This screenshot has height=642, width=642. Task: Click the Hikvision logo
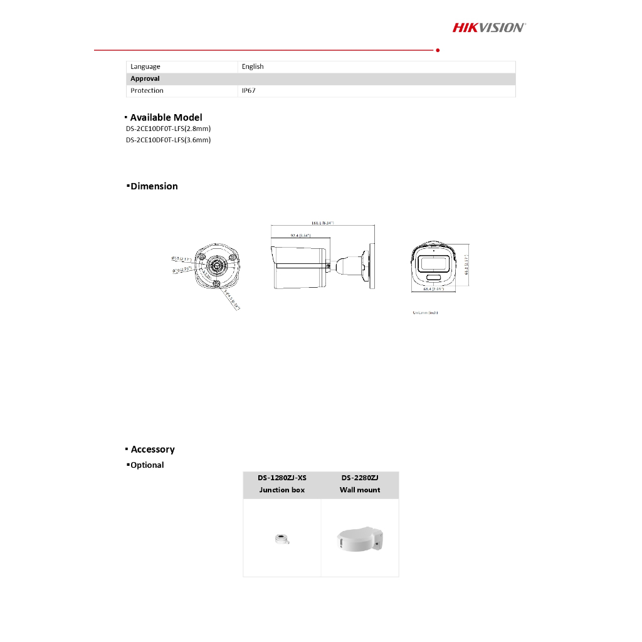point(489,27)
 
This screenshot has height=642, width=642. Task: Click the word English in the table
point(253,66)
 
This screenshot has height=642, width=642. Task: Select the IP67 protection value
point(249,91)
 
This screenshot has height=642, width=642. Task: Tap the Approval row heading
point(145,79)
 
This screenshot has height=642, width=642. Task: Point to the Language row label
point(145,66)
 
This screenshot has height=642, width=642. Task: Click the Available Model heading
point(166,117)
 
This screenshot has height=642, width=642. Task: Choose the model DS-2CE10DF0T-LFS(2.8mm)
point(168,129)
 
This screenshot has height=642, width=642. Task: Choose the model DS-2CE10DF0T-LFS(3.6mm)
point(168,140)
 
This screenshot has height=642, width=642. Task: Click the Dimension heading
point(154,186)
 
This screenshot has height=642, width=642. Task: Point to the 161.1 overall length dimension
point(322,223)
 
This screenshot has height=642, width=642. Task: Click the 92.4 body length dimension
point(300,235)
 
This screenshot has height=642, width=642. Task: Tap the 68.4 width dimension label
point(433,289)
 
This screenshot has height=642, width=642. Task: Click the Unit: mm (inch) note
point(425,312)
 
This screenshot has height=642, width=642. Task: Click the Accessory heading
point(152,450)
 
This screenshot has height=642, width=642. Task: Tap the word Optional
point(147,465)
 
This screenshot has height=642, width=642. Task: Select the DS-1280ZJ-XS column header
point(282,478)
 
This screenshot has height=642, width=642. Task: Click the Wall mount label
point(360,490)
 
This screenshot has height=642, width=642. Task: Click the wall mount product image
point(360,539)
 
